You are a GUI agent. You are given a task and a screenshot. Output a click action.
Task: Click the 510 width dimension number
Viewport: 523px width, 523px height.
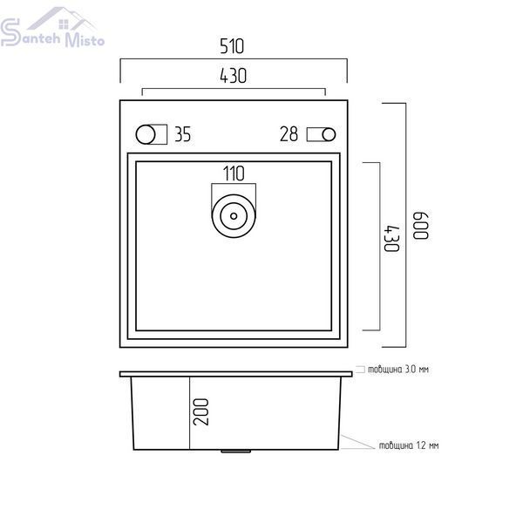(232, 46)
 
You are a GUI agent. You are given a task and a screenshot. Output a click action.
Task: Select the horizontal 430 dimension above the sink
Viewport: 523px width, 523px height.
(233, 76)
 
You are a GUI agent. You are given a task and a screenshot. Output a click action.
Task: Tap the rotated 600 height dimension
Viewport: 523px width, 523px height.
(421, 225)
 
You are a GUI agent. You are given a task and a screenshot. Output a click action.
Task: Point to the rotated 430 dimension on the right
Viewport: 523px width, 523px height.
(391, 239)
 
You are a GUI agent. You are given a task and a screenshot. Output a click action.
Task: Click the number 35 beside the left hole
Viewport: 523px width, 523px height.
(183, 134)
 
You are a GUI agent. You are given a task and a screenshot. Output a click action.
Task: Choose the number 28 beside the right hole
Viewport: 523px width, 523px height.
(289, 134)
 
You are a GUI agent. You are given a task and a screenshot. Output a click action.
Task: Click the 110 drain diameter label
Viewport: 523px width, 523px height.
(234, 173)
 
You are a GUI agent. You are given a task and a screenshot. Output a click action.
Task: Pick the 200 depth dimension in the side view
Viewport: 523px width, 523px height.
(201, 412)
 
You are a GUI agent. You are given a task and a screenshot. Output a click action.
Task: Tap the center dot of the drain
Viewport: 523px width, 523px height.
(234, 216)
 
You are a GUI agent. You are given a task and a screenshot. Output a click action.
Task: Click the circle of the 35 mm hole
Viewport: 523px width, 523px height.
(146, 135)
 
